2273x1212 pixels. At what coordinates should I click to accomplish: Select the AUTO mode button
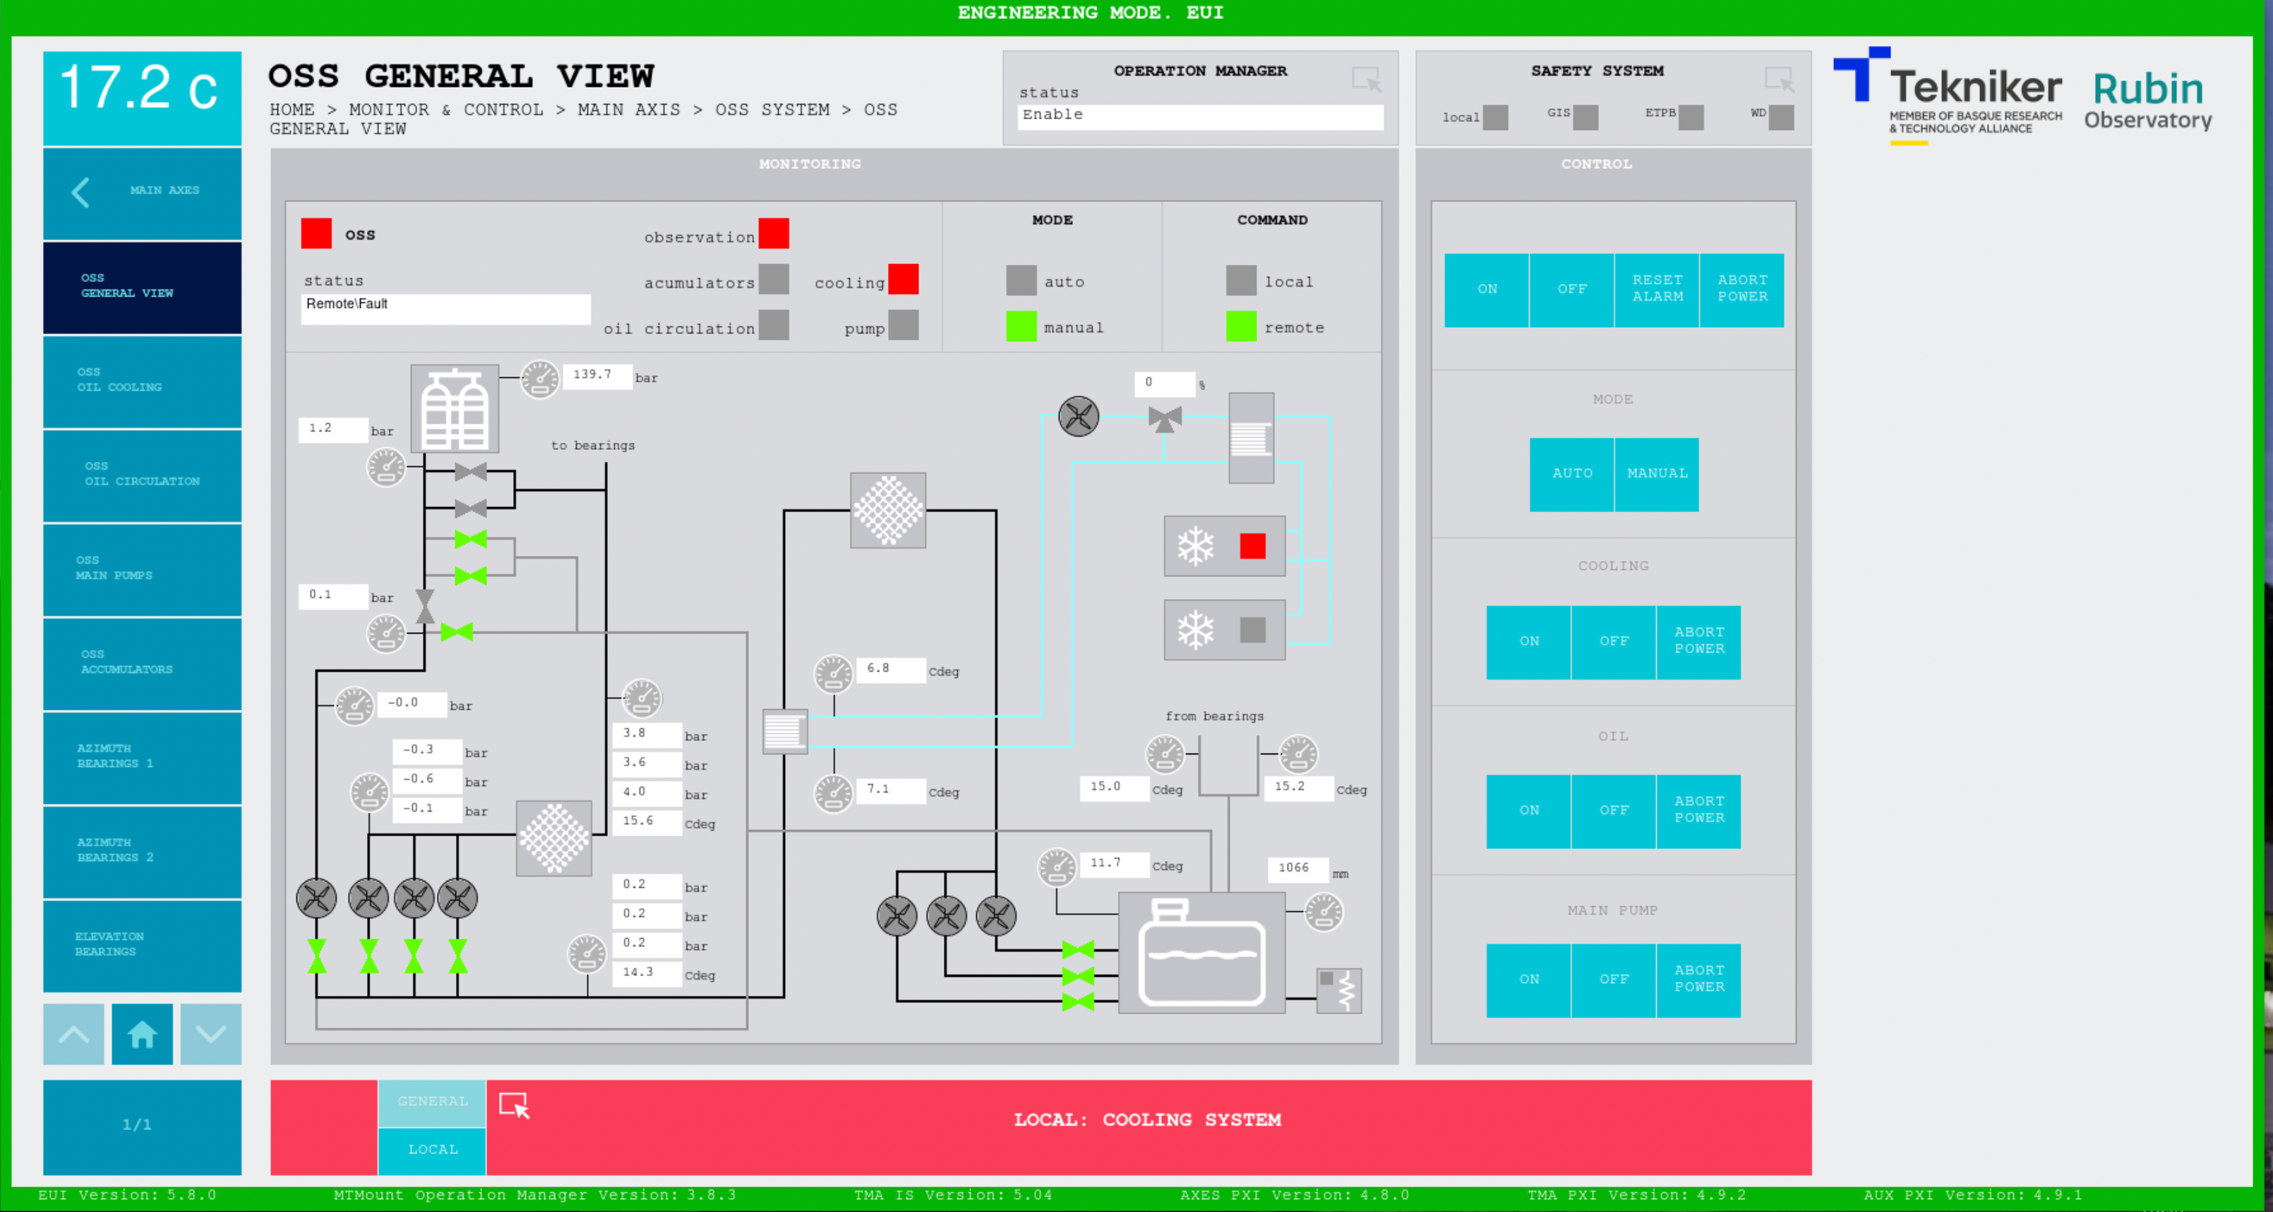coord(1571,474)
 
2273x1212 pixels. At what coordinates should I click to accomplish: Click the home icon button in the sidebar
coord(142,1034)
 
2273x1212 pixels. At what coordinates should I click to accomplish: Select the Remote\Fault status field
coord(445,305)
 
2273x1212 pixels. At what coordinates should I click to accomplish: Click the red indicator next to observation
coord(773,234)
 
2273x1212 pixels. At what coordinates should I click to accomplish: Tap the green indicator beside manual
coord(1021,326)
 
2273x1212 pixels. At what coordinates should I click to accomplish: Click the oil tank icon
coord(1201,953)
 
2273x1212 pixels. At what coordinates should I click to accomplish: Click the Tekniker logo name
coord(1975,88)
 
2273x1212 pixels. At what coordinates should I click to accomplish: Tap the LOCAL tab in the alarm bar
coord(432,1149)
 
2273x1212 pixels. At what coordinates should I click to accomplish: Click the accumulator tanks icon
coord(455,410)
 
